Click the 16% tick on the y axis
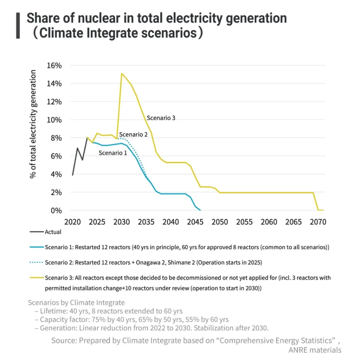coord(54,65)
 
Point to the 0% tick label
coord(56,211)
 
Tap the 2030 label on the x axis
coord(122,222)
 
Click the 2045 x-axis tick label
coord(195,222)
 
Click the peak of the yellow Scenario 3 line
coord(121,73)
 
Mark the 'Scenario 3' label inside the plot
coord(161,118)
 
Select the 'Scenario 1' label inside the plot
coord(112,153)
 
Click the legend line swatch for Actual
coord(37,232)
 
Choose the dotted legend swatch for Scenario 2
coord(37,262)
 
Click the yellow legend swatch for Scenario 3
coord(37,278)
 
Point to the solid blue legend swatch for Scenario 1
coord(37,247)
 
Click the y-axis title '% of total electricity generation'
coord(33,124)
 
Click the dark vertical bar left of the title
coord(18,26)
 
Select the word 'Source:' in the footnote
coord(64,340)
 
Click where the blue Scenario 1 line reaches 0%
coord(200,210)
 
